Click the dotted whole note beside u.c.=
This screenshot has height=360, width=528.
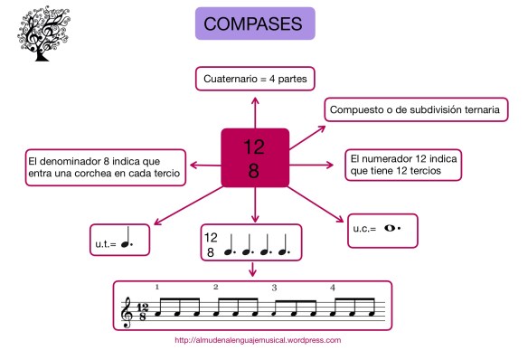coord(391,230)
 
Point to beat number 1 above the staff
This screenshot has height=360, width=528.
coord(157,287)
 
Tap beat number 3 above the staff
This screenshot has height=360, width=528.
coord(274,287)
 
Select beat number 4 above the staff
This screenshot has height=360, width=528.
coord(333,287)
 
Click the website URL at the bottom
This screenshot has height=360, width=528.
coord(258,342)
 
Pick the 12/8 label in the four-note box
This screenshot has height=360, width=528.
coord(211,245)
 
